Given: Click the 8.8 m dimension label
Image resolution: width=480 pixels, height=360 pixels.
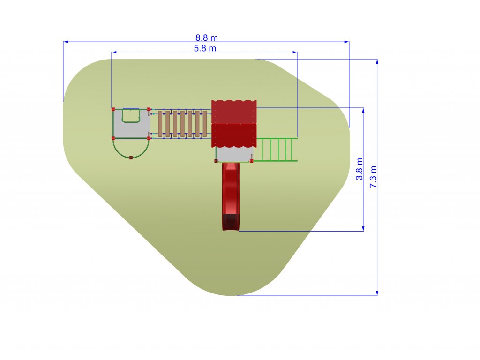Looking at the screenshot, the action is [x=207, y=37].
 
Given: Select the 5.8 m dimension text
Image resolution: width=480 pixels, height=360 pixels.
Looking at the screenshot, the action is [x=205, y=48].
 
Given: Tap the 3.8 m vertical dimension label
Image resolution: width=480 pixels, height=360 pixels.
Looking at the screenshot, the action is [x=360, y=169].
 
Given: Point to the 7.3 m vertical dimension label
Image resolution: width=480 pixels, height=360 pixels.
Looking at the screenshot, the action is [x=373, y=177].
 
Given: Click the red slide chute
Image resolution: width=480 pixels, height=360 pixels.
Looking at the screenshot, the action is [x=231, y=196].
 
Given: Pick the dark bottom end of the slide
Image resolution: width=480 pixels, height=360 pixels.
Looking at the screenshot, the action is [x=231, y=222].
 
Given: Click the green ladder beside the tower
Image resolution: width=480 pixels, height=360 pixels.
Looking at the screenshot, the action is [x=276, y=150].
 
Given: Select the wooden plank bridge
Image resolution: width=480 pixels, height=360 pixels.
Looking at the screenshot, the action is [x=182, y=124].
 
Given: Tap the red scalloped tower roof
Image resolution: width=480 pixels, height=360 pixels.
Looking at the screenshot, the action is [x=234, y=124].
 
